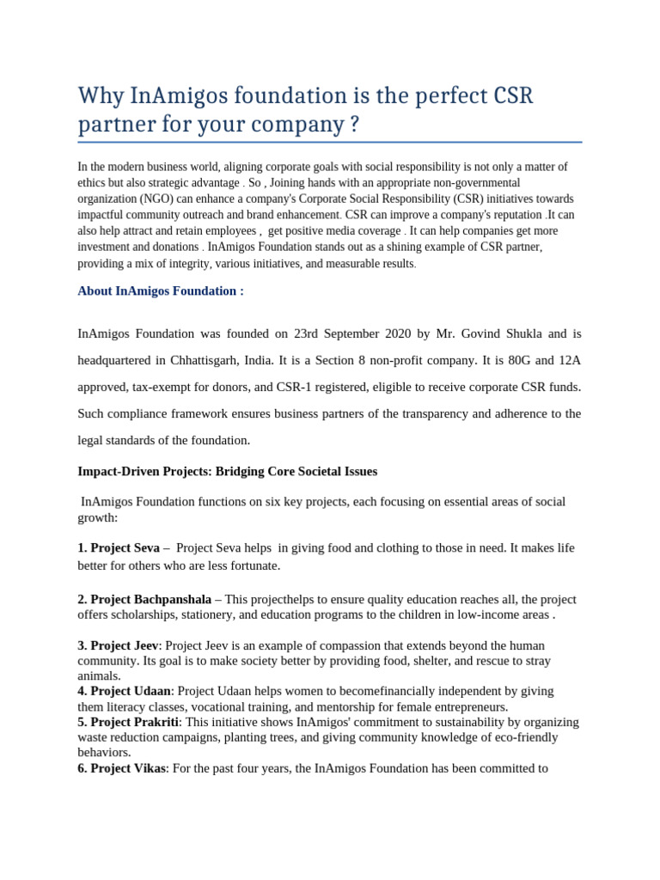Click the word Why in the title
click(97, 95)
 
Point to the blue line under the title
click(329, 142)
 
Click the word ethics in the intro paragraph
click(92, 183)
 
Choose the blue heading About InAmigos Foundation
click(161, 291)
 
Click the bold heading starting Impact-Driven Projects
click(227, 472)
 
